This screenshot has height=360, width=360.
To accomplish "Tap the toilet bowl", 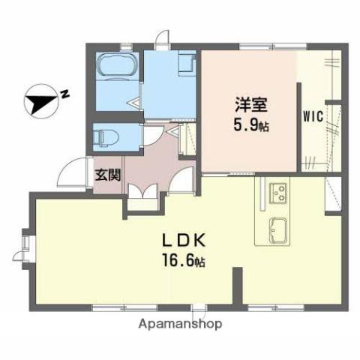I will [105, 137].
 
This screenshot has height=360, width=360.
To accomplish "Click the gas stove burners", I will [279, 193].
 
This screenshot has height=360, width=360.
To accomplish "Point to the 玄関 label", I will [107, 175].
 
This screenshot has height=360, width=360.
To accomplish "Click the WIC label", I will [313, 117].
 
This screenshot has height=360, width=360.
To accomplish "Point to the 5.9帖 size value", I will [247, 126].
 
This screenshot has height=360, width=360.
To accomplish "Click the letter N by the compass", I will [66, 94].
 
